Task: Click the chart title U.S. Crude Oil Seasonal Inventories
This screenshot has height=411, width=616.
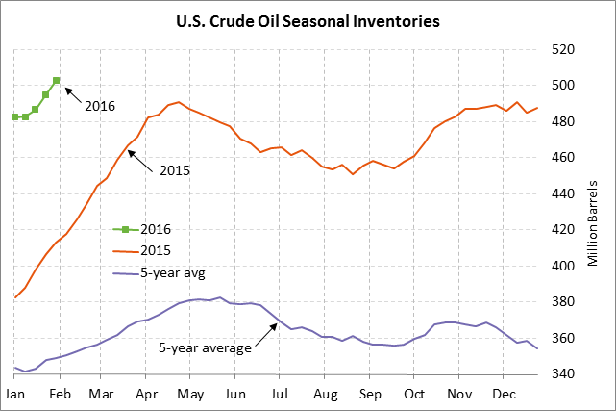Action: tap(308, 19)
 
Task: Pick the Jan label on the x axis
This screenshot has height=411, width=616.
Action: tap(14, 395)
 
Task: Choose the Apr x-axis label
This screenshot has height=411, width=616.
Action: tap(147, 395)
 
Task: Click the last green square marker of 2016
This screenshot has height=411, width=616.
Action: tap(57, 81)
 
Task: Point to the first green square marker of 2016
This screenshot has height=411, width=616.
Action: tap(14, 116)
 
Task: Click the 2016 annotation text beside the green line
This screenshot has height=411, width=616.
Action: tap(100, 105)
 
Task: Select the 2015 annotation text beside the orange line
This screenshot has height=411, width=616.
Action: tap(174, 170)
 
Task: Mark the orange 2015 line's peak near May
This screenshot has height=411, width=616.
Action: tap(179, 102)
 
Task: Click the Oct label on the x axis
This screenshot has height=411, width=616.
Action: tap(414, 395)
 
